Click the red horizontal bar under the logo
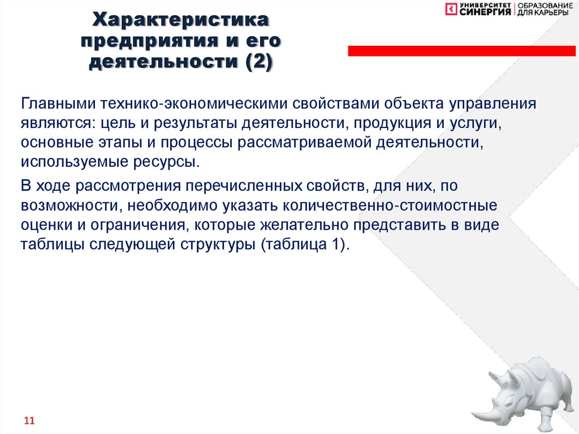461,51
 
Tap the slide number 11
29,421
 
